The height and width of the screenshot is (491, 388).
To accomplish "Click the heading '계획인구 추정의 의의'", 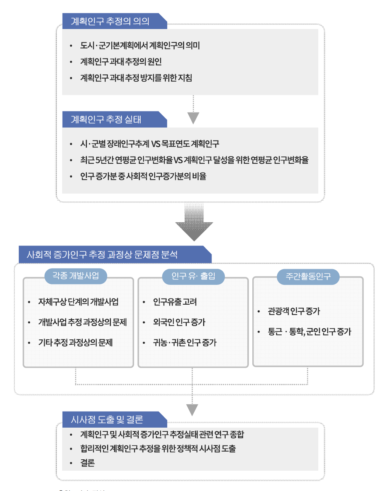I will (x=110, y=21).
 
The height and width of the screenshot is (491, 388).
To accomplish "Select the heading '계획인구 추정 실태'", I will (x=106, y=120).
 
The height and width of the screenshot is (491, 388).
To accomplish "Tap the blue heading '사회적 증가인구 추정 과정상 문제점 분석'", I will (x=102, y=255).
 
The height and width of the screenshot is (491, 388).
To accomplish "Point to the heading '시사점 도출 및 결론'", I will (x=107, y=420).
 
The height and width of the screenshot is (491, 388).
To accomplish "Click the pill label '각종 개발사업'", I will (x=75, y=276).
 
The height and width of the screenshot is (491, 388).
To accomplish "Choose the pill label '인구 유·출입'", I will (x=193, y=276).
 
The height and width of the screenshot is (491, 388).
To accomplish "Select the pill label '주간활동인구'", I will (x=308, y=276).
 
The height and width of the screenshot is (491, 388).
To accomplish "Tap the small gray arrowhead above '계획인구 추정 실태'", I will (x=194, y=118).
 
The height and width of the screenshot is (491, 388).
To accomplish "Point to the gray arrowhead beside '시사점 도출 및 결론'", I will (x=192, y=410).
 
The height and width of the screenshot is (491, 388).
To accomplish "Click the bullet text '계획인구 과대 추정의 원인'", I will (x=121, y=62).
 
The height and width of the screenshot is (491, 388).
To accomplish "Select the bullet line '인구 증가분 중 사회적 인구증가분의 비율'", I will (x=143, y=176).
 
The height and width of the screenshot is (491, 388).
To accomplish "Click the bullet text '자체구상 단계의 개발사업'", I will (x=78, y=302).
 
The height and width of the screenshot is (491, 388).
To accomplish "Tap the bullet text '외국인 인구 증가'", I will (x=179, y=322).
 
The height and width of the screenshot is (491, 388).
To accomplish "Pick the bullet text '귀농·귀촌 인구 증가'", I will (x=184, y=342).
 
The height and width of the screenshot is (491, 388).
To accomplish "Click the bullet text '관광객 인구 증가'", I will (x=294, y=312).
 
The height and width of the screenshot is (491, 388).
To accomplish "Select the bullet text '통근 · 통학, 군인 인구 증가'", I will (x=309, y=332).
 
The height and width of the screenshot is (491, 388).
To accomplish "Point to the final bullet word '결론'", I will (x=87, y=463).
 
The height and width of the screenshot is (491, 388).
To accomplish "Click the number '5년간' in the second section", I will (x=103, y=160).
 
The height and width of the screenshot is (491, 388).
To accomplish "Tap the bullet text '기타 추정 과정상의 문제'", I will (x=75, y=342).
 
